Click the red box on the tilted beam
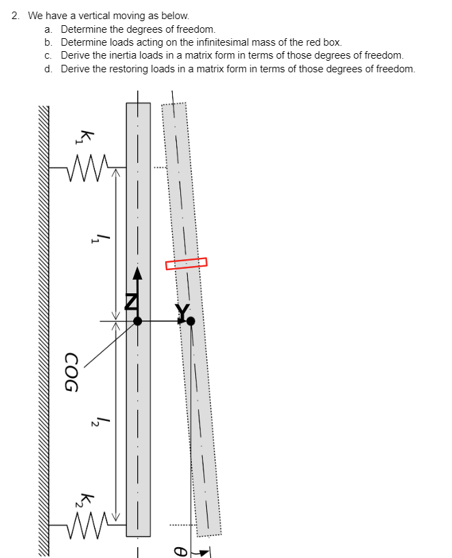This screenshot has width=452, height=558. point(186,263)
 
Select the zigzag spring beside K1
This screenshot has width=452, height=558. point(87,166)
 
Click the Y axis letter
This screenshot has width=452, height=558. point(182,311)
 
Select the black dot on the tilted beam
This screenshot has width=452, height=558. point(190,320)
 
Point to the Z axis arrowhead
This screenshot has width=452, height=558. point(137,274)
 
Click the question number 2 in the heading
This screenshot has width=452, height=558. point(15,15)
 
